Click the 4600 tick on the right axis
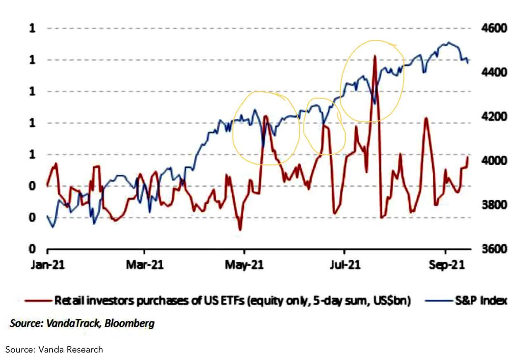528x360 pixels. [493, 28]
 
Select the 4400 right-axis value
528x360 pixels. [493, 73]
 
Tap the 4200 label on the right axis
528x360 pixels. [493, 117]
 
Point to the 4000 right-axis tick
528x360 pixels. [493, 161]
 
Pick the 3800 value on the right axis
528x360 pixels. [493, 205]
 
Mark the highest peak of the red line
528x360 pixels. [375, 55]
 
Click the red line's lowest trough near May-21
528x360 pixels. [240, 230]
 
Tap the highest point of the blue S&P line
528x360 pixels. [448, 43]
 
